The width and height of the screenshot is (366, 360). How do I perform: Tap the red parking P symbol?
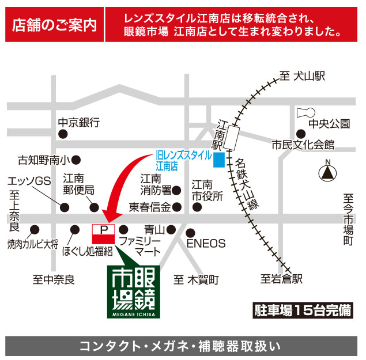click(x=104, y=230)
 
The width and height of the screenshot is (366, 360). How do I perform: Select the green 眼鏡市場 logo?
click(x=136, y=291)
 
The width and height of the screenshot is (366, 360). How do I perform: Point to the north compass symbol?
click(x=328, y=172)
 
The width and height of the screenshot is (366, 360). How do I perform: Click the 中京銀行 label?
click(x=79, y=123)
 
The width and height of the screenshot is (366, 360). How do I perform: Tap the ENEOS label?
click(x=206, y=243)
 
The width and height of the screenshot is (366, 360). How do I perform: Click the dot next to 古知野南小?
click(x=76, y=160)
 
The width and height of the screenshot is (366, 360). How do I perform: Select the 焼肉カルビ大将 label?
click(x=33, y=244)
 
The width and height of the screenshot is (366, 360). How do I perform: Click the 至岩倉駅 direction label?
click(x=281, y=279)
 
